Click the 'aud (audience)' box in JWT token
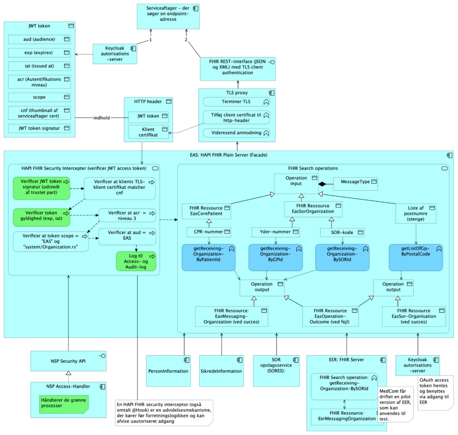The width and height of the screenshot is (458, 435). (x=39, y=39)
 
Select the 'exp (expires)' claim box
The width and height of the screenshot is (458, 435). (x=39, y=53)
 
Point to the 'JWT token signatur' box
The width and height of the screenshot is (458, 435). (x=39, y=128)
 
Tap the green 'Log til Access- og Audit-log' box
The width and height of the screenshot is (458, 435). (x=136, y=261)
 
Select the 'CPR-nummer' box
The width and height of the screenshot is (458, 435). (x=208, y=232)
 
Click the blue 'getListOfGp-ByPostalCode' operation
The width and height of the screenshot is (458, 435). (x=415, y=257)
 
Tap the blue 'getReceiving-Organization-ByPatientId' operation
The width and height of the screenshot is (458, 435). (x=208, y=257)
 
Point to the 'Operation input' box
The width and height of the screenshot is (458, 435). (x=296, y=184)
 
